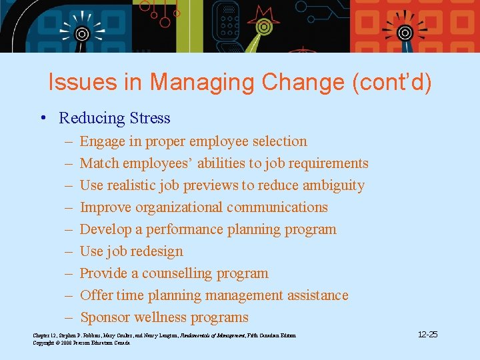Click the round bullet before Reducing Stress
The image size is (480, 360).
click(x=42, y=118)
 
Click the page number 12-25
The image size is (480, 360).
click(x=427, y=334)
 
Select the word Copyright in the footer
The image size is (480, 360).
click(x=44, y=343)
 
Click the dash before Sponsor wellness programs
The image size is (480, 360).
click(x=69, y=317)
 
